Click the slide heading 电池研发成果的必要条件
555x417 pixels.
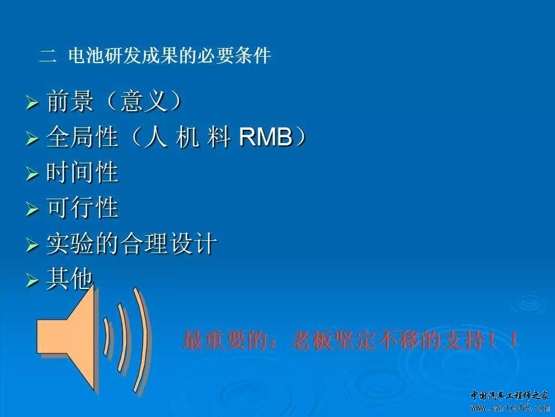[x=170, y=56]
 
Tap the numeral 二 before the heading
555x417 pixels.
[x=48, y=56]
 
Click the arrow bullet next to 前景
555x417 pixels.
[x=32, y=103]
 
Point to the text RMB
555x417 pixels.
[x=266, y=137]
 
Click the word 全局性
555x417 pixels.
[x=82, y=137]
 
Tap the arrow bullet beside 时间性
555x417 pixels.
[x=32, y=174]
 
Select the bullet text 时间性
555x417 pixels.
[x=82, y=173]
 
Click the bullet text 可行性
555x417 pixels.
[x=82, y=207]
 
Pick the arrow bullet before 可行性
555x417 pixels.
[x=32, y=209]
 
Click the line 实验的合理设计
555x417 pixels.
[x=131, y=243]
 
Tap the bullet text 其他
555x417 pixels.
[x=69, y=279]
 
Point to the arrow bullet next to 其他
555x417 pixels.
[x=32, y=280]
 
